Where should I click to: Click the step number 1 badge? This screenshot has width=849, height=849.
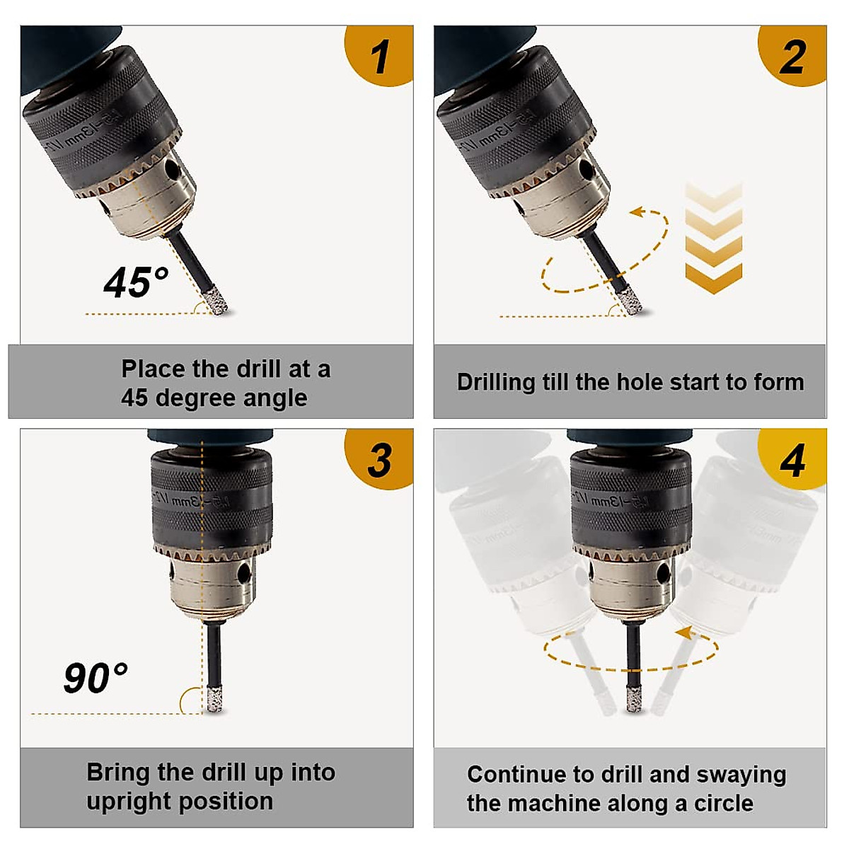[380, 57]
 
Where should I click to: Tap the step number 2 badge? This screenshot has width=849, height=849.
[792, 57]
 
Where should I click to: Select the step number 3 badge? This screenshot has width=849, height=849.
[380, 460]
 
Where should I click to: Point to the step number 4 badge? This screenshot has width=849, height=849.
[792, 460]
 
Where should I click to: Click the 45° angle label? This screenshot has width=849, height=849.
[136, 282]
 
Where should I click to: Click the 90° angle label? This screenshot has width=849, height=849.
[96, 678]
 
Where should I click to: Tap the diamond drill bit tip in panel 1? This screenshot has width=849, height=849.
[214, 302]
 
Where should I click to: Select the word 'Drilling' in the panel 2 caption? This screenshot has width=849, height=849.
[496, 382]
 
